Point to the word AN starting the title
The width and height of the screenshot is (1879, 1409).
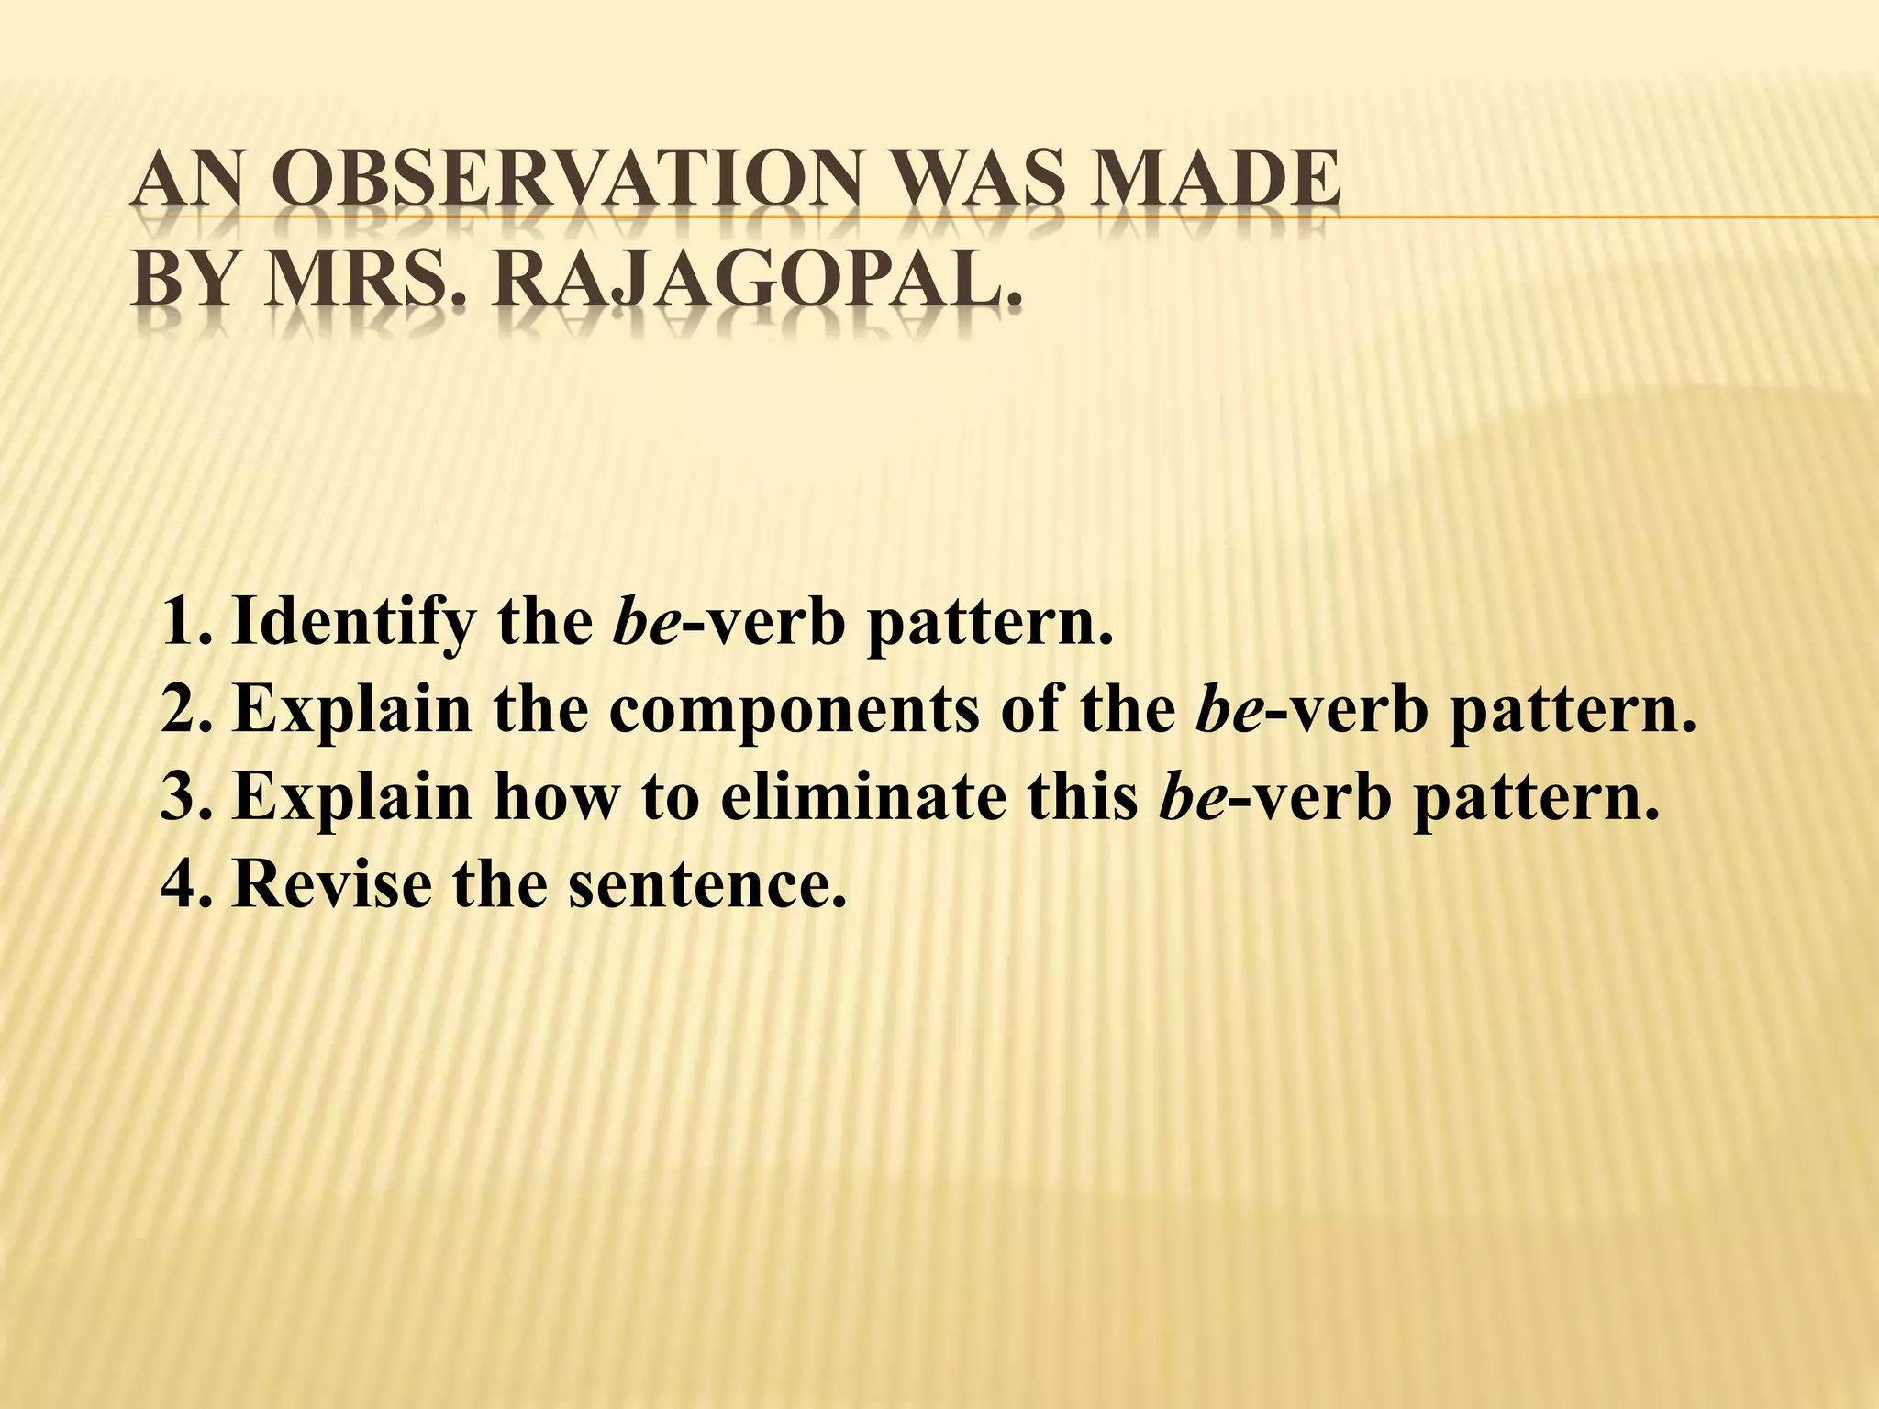click(x=189, y=183)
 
